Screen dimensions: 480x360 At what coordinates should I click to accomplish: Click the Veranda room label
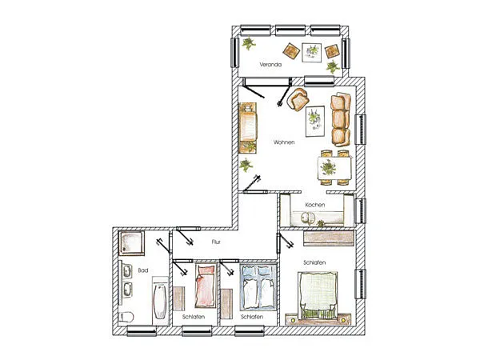point(270,65)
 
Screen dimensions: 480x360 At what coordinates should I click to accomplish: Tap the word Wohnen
point(284,142)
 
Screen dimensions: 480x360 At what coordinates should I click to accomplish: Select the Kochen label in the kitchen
point(315,205)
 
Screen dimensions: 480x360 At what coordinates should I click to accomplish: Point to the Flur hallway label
point(216,242)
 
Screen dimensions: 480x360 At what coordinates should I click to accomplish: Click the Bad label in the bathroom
point(143,270)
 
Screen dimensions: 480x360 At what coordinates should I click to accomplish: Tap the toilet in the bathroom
point(126,317)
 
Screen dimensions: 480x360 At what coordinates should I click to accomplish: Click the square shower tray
point(131,243)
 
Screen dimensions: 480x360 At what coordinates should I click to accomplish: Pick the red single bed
point(206,286)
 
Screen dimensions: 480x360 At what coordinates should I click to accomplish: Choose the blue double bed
point(258,287)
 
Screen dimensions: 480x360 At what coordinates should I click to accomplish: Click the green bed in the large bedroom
point(318,294)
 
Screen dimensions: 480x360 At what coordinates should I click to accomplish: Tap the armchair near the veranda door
point(298,99)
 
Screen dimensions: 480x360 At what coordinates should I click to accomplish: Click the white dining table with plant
point(334,168)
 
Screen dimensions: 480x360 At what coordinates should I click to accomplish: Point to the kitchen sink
point(308,218)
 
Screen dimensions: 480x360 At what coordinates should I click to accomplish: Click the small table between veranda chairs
point(312,53)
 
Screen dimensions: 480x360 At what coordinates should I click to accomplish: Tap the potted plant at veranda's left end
point(249,43)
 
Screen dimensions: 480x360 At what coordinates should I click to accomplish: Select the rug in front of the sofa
point(315,122)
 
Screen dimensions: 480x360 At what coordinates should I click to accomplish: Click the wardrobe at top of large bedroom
point(328,238)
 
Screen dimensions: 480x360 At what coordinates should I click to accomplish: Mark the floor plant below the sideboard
point(246,166)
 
